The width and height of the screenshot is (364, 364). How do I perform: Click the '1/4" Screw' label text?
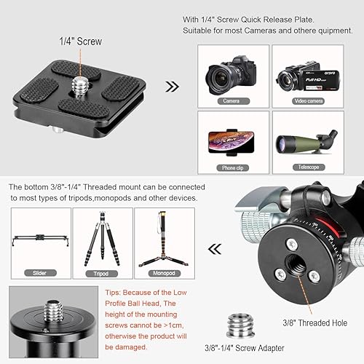[x=80, y=42]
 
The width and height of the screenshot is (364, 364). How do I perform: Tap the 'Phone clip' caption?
[x=231, y=167]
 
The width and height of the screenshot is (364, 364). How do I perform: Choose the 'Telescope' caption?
[x=301, y=167]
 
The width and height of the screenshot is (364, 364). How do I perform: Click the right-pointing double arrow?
[x=173, y=87]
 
